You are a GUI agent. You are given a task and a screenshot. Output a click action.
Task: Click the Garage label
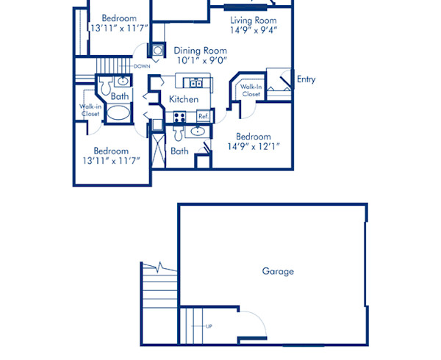coord(278,271)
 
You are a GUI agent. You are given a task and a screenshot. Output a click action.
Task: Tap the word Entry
coord(306,79)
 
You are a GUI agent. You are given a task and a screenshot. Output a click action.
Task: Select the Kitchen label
coord(184,99)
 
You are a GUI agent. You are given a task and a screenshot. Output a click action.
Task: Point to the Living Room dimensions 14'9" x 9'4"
coord(254,31)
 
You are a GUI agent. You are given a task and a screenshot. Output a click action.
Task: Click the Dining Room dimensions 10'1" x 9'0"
coord(201,61)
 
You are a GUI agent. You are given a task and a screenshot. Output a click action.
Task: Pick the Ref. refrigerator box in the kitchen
coord(204,116)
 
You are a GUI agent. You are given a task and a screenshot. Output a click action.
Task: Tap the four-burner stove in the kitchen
coord(179,116)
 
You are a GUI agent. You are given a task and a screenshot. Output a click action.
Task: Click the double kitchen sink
coord(195,82)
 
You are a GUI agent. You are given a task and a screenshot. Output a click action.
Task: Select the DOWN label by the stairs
coord(142,66)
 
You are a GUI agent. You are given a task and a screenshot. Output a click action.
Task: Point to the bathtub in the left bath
coord(116,114)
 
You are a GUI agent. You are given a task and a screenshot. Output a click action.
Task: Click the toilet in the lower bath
coord(178,132)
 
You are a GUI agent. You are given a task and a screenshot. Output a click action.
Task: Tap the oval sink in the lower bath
coord(197,132)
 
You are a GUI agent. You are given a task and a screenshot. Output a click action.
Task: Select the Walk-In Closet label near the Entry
coord(251,90)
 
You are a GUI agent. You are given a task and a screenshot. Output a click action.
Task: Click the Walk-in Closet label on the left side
coord(90,110)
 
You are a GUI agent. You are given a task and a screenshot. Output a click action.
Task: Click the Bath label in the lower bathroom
coord(179,151)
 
